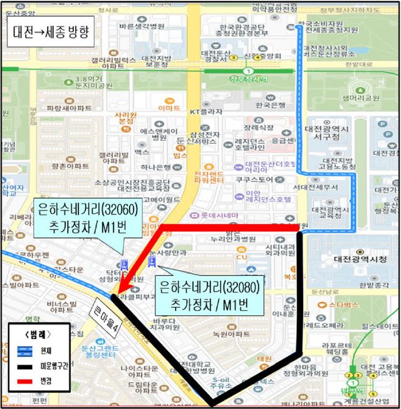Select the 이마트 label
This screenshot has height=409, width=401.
(168, 108)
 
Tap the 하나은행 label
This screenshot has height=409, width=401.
(155, 167)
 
